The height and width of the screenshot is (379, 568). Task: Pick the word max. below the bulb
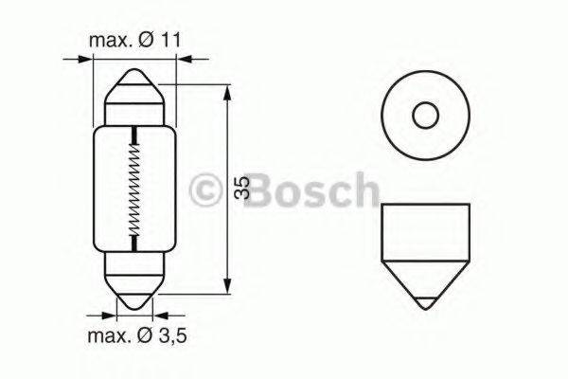coord(111,337)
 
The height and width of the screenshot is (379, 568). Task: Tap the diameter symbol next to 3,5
coord(144,337)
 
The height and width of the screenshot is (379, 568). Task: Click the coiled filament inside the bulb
coord(134,189)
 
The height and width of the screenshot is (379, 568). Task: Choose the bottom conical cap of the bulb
coord(134,289)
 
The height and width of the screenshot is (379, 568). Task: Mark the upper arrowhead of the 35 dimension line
coord(228,93)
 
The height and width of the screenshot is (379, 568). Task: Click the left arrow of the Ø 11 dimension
coord(85,59)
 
